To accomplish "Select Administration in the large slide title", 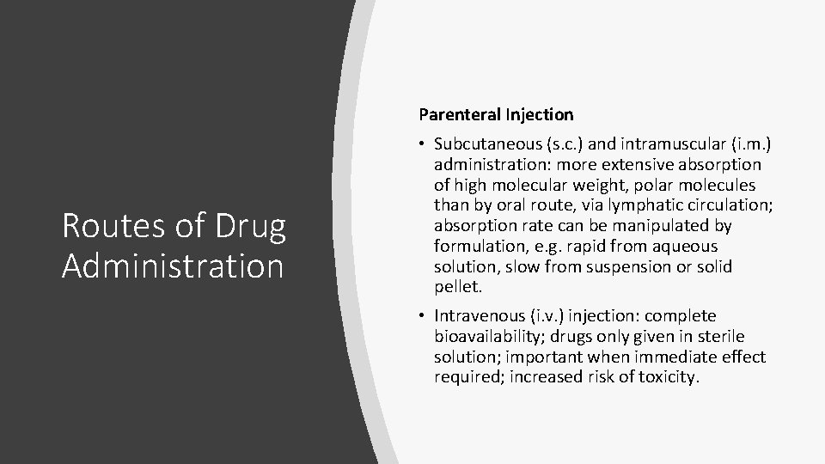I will point(173,266).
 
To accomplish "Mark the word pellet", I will point(456,288).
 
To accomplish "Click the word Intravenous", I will point(477,316).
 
